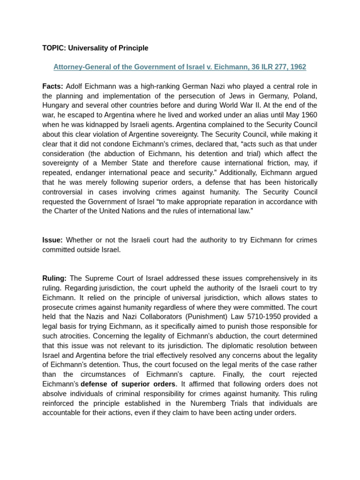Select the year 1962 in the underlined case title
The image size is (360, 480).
click(298, 67)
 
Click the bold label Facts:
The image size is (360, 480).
click(52, 86)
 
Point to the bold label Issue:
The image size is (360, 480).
click(52, 240)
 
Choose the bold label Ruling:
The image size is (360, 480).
click(54, 278)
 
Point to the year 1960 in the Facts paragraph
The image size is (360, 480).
click(308, 115)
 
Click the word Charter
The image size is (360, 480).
click(69, 211)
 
